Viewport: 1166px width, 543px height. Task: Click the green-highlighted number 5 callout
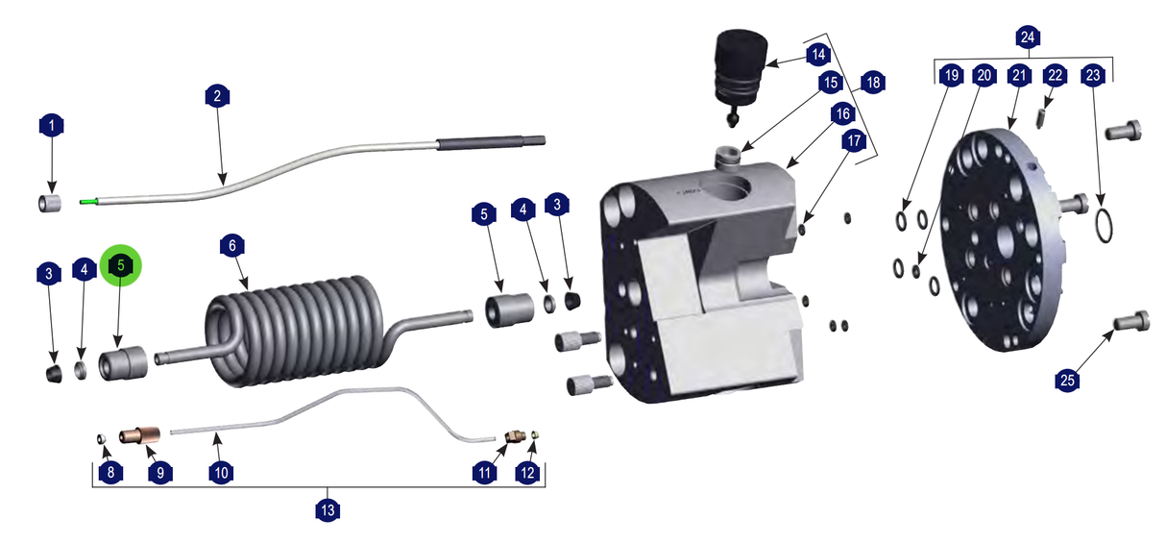tap(121, 265)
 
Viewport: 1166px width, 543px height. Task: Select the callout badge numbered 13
tap(328, 509)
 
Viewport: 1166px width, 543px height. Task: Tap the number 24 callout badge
tap(1028, 37)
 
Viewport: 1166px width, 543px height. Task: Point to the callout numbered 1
tap(51, 126)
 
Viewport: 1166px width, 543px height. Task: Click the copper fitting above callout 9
tap(139, 435)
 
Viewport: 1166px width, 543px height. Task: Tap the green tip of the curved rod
tap(88, 202)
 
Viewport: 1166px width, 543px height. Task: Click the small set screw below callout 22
tap(1040, 119)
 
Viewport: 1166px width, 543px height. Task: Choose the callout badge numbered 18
tap(873, 83)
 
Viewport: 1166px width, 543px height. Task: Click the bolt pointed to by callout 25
tap(1131, 321)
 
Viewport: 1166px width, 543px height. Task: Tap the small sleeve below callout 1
tap(50, 203)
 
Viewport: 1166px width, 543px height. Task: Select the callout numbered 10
tap(221, 473)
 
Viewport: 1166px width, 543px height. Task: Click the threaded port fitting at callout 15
tap(727, 158)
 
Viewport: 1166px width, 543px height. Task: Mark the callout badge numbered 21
tap(1019, 76)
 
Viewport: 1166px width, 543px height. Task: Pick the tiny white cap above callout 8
tap(102, 438)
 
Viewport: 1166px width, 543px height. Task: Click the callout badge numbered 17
tap(854, 141)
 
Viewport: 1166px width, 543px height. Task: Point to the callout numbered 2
tap(217, 96)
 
